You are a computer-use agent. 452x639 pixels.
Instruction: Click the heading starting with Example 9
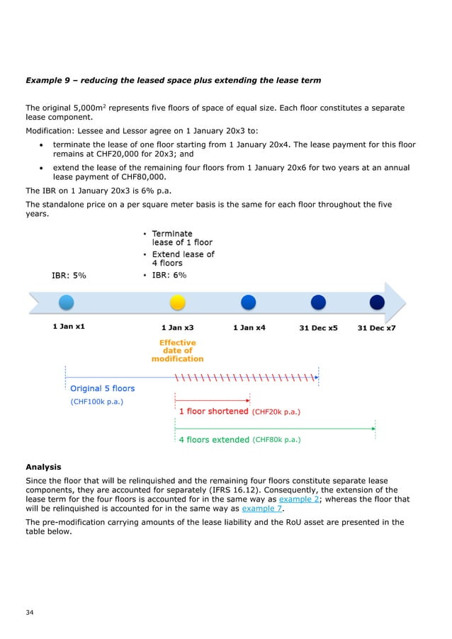pos(173,80)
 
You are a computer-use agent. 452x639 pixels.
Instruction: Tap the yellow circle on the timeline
pos(178,302)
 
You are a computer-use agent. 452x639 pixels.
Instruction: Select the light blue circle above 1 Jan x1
pos(66,302)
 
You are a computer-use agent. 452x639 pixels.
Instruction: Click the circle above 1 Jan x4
pos(248,302)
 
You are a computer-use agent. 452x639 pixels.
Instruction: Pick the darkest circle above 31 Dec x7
pos(376,302)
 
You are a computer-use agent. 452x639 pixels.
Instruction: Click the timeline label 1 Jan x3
pos(178,328)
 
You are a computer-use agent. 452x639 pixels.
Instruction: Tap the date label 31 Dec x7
pos(376,328)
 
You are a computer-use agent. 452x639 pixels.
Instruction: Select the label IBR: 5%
pos(69,276)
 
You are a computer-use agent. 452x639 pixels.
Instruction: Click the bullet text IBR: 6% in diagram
pos(170,275)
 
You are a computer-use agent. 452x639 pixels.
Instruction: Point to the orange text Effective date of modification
pos(178,351)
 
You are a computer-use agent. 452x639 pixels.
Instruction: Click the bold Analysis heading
pos(43,467)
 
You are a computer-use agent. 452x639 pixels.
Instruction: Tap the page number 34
pos(30,611)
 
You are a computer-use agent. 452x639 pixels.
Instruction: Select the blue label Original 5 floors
pos(102,388)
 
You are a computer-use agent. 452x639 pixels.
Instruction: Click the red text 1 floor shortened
pos(213,411)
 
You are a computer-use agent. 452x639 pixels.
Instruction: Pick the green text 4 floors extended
pos(214,439)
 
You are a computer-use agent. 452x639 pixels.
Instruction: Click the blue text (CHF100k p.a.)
pos(97,401)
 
